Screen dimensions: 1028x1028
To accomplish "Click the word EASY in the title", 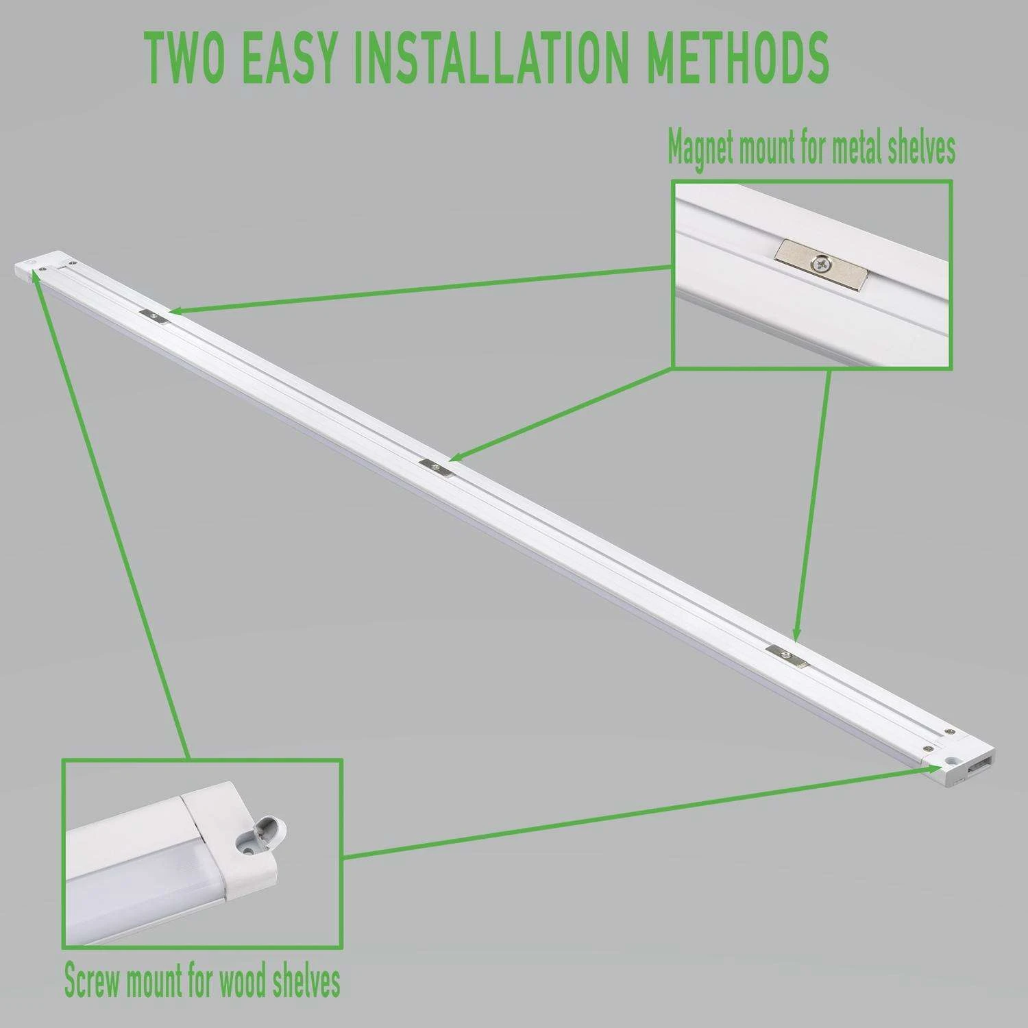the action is pos(290,57).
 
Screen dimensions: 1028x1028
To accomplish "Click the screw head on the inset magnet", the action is pos(820,262).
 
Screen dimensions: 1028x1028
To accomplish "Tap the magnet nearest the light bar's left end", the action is pos(156,315).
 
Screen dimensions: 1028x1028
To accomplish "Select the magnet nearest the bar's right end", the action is pos(785,654).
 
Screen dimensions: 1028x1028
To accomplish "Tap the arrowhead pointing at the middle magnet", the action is pos(456,455).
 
